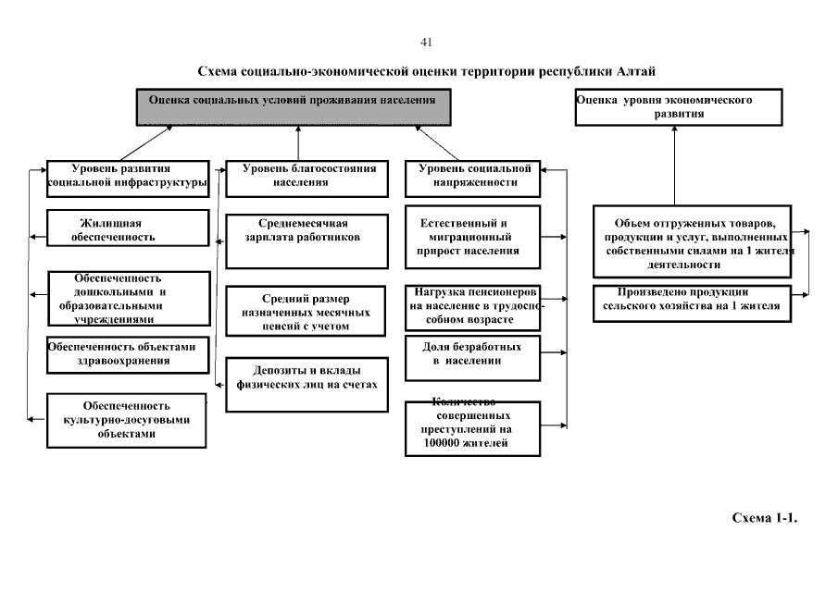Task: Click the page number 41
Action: click(426, 43)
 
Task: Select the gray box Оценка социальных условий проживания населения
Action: click(294, 106)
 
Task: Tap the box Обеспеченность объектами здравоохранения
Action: click(126, 354)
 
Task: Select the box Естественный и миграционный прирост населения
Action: click(471, 237)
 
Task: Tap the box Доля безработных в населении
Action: click(472, 357)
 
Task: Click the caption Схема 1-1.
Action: click(764, 518)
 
